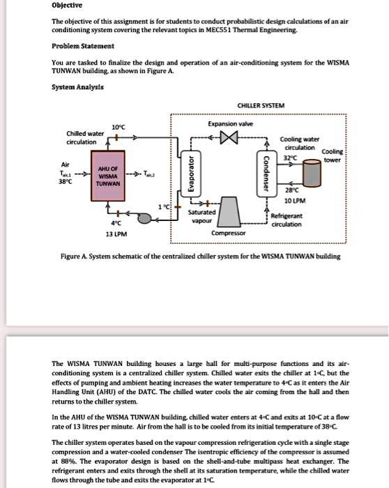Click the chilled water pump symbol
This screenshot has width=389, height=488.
click(144, 218)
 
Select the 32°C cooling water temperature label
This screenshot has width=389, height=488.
click(289, 158)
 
